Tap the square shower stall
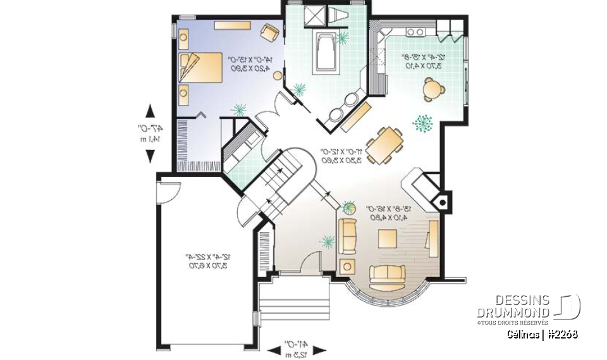[x=314, y=16]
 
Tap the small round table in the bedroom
[x=277, y=76]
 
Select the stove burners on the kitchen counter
[x=415, y=32]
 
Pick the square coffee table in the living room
[x=387, y=239]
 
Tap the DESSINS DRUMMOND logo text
[x=513, y=306]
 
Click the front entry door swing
[x=310, y=261]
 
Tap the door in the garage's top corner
[x=170, y=190]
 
